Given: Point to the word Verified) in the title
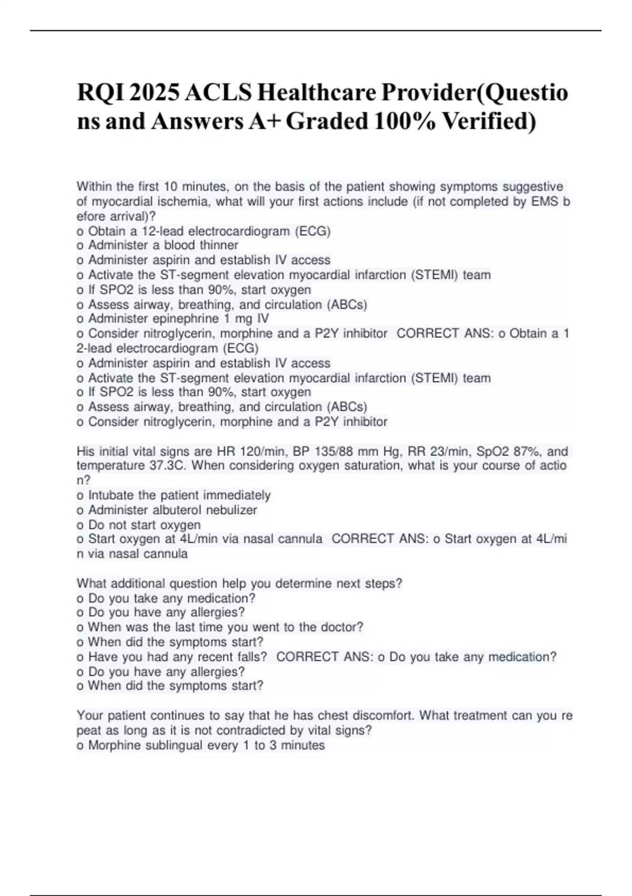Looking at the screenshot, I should click(x=489, y=121).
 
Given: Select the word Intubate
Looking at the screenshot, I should click(x=111, y=495).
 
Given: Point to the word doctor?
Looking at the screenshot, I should click(x=341, y=627).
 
